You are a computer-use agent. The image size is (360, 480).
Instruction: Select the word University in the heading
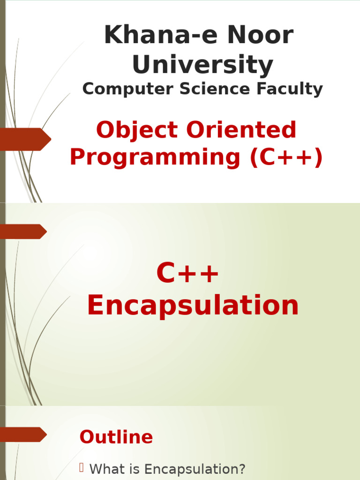pyautogui.click(x=202, y=65)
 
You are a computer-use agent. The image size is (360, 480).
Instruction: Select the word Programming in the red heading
pyautogui.click(x=155, y=157)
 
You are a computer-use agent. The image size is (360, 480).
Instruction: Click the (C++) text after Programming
pyautogui.click(x=286, y=157)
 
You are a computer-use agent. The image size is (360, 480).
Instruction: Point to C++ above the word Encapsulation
pyautogui.click(x=187, y=274)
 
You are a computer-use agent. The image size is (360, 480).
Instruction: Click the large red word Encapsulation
pyautogui.click(x=193, y=306)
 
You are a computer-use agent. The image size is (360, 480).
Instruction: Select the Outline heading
pyautogui.click(x=116, y=437)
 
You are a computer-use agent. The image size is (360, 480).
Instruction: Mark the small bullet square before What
pyautogui.click(x=81, y=467)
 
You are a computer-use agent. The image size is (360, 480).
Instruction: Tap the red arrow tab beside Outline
pyautogui.click(x=23, y=434)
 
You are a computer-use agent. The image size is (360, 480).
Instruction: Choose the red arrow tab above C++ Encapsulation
pyautogui.click(x=23, y=231)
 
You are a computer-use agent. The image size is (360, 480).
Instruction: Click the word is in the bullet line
pyautogui.click(x=136, y=469)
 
